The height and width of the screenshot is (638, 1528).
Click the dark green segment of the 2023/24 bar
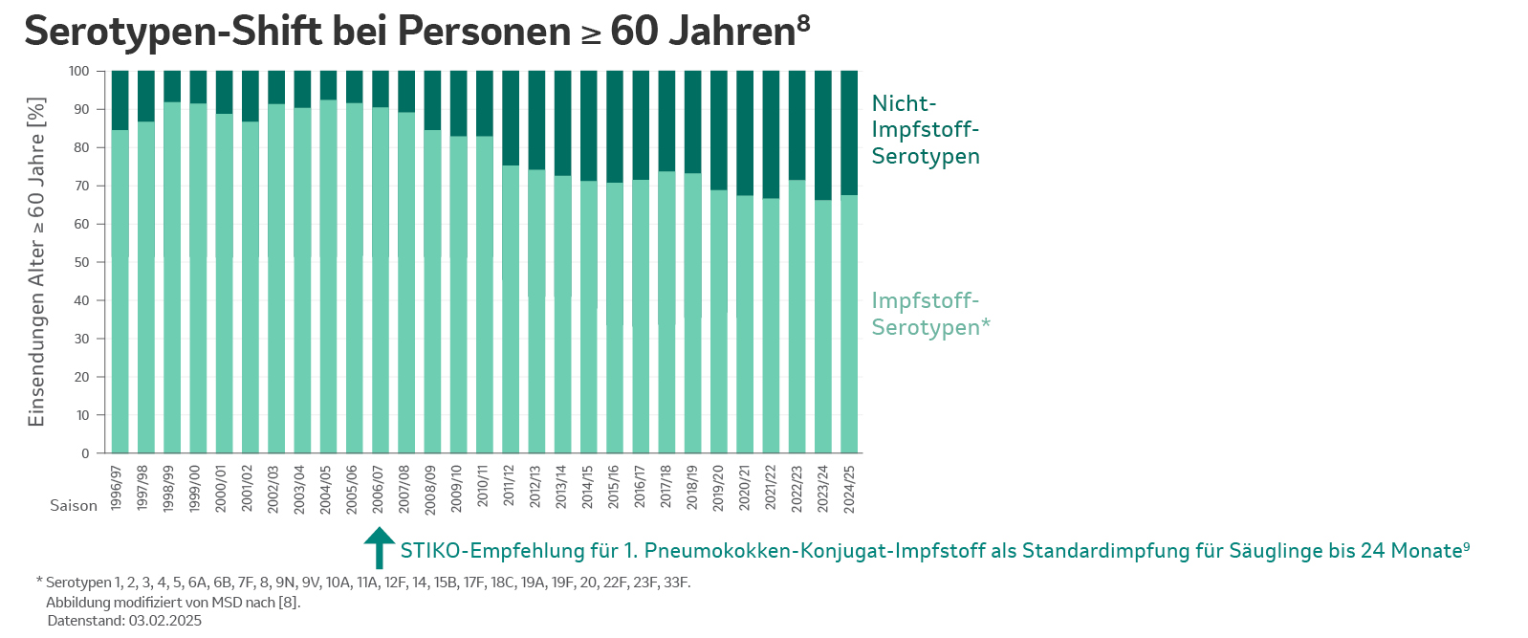tap(823, 134)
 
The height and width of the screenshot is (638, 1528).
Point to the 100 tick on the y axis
tap(79, 72)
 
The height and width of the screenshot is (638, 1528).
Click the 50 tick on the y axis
tap(82, 262)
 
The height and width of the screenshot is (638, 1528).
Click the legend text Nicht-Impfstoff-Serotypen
tap(925, 130)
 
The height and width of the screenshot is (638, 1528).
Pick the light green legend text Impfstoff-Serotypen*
tap(929, 314)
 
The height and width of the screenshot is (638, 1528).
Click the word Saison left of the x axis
tap(74, 506)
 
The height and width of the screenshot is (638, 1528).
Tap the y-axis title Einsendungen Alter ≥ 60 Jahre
tap(36, 262)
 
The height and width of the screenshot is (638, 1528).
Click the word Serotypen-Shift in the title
tap(173, 32)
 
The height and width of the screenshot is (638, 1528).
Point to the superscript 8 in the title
tap(803, 21)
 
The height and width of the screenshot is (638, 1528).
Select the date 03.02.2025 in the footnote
tap(165, 621)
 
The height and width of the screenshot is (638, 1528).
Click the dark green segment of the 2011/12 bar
tap(511, 117)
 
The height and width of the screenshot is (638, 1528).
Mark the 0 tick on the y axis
tap(85, 453)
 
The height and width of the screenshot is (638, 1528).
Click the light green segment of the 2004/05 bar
tap(328, 277)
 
